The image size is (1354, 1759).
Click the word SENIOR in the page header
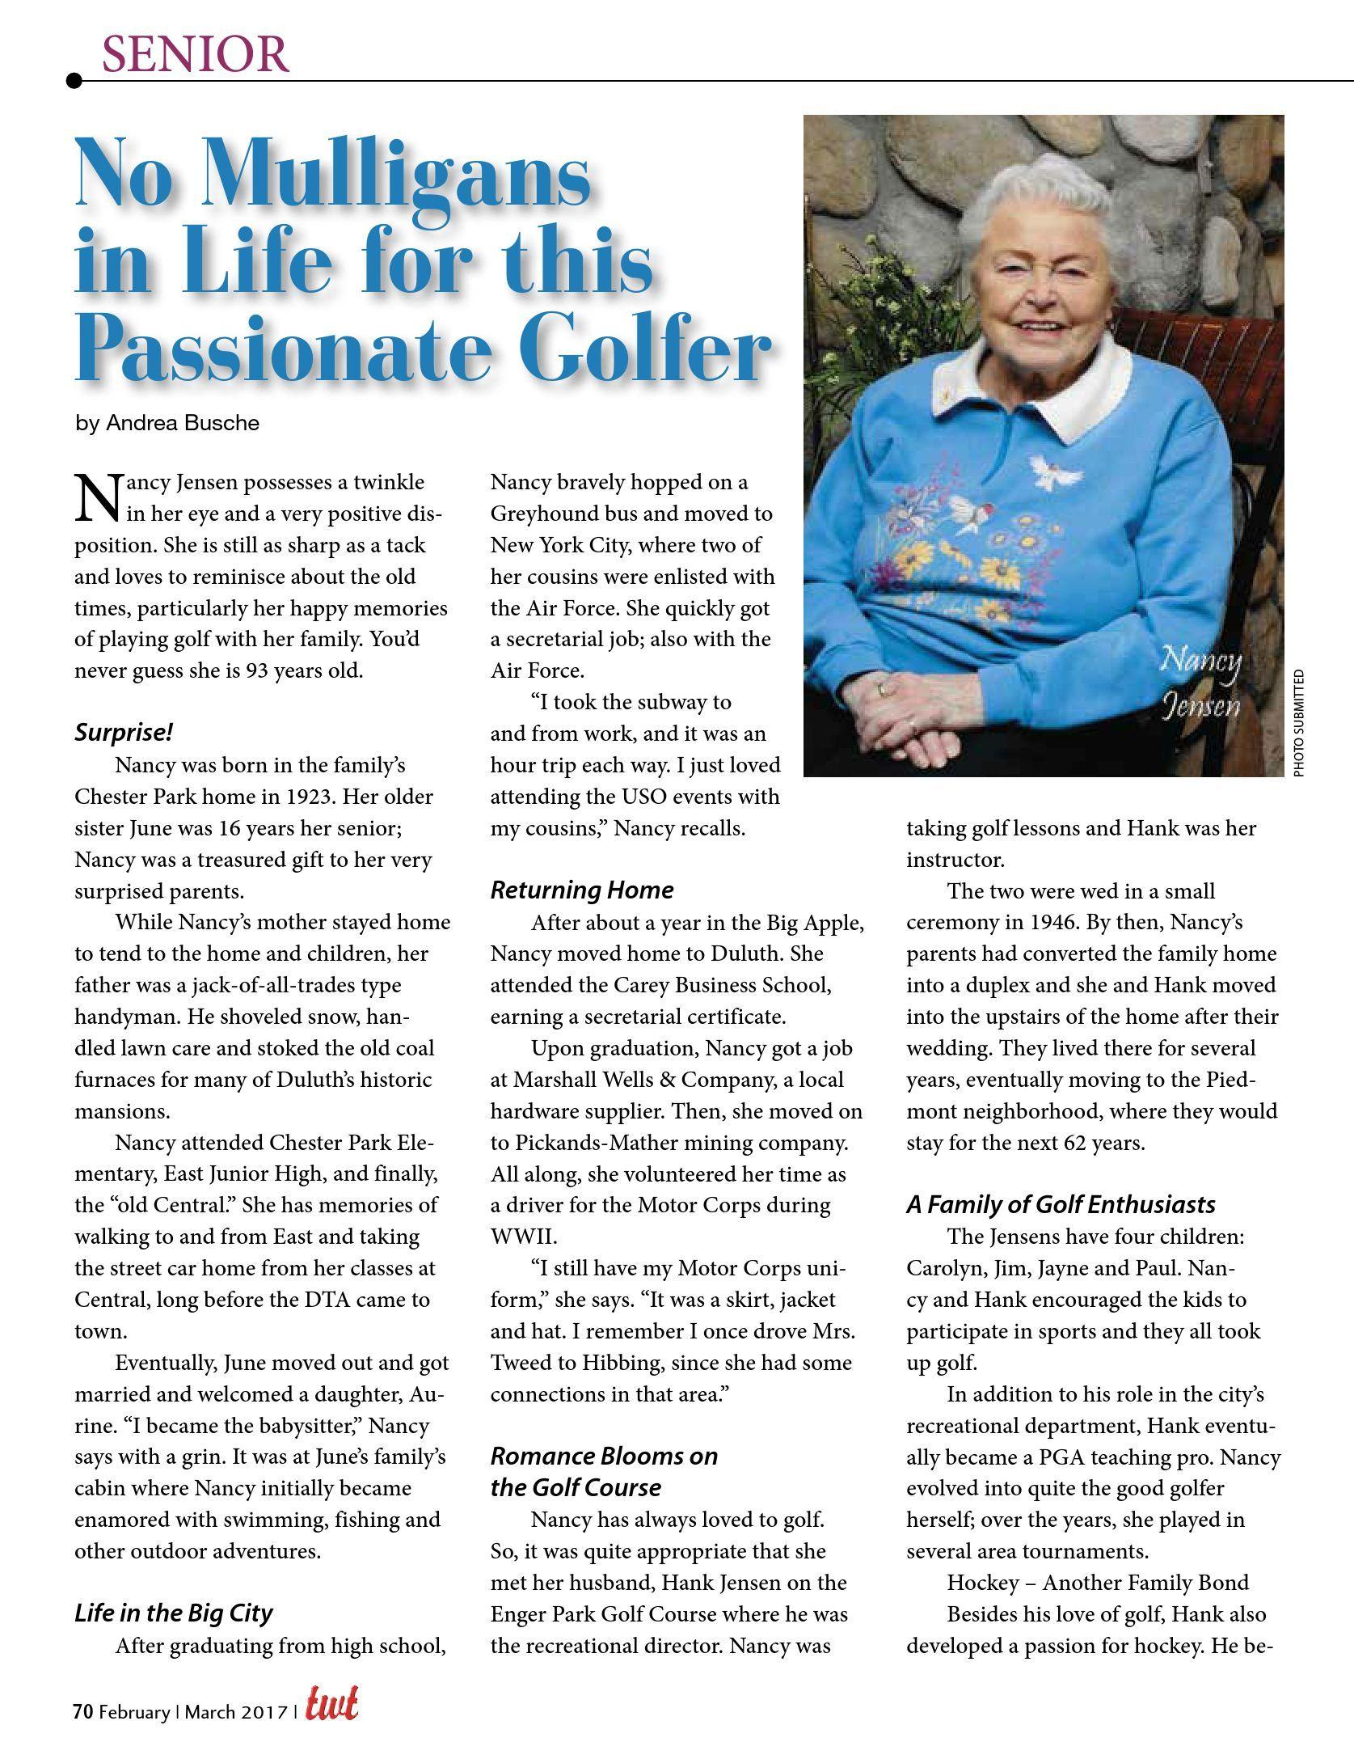tap(195, 54)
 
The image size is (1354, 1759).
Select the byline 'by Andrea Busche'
tap(167, 423)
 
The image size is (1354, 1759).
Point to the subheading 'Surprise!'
tap(124, 733)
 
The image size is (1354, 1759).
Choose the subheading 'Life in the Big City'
tap(174, 1613)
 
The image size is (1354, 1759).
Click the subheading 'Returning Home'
tap(582, 890)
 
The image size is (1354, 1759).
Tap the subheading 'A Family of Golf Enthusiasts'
tap(1061, 1204)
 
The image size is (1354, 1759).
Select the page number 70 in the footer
tap(82, 1711)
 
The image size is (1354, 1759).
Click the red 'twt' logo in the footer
tap(331, 1708)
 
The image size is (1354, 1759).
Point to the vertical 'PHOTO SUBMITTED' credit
tap(1299, 724)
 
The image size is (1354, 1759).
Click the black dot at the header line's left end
tap(74, 80)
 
